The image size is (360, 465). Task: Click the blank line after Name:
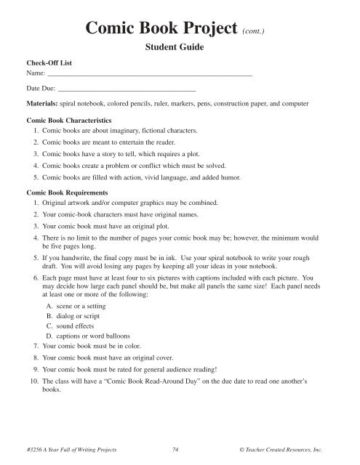click(149, 76)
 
